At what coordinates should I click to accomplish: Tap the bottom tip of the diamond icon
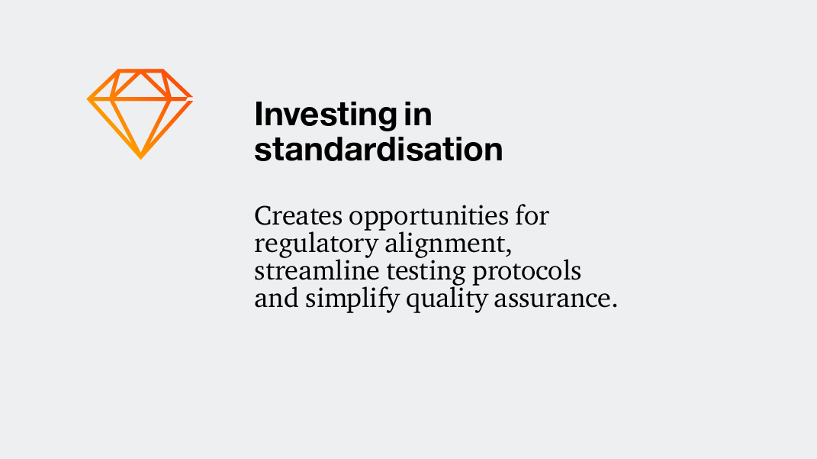[140, 157]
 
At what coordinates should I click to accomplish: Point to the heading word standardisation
[378, 149]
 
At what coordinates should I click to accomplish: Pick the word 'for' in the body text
[532, 216]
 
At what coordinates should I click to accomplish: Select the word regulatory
[315, 245]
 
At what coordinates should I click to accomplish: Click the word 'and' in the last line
[276, 299]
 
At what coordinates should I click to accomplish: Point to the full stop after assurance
[614, 306]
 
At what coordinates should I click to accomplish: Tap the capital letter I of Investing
[259, 115]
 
